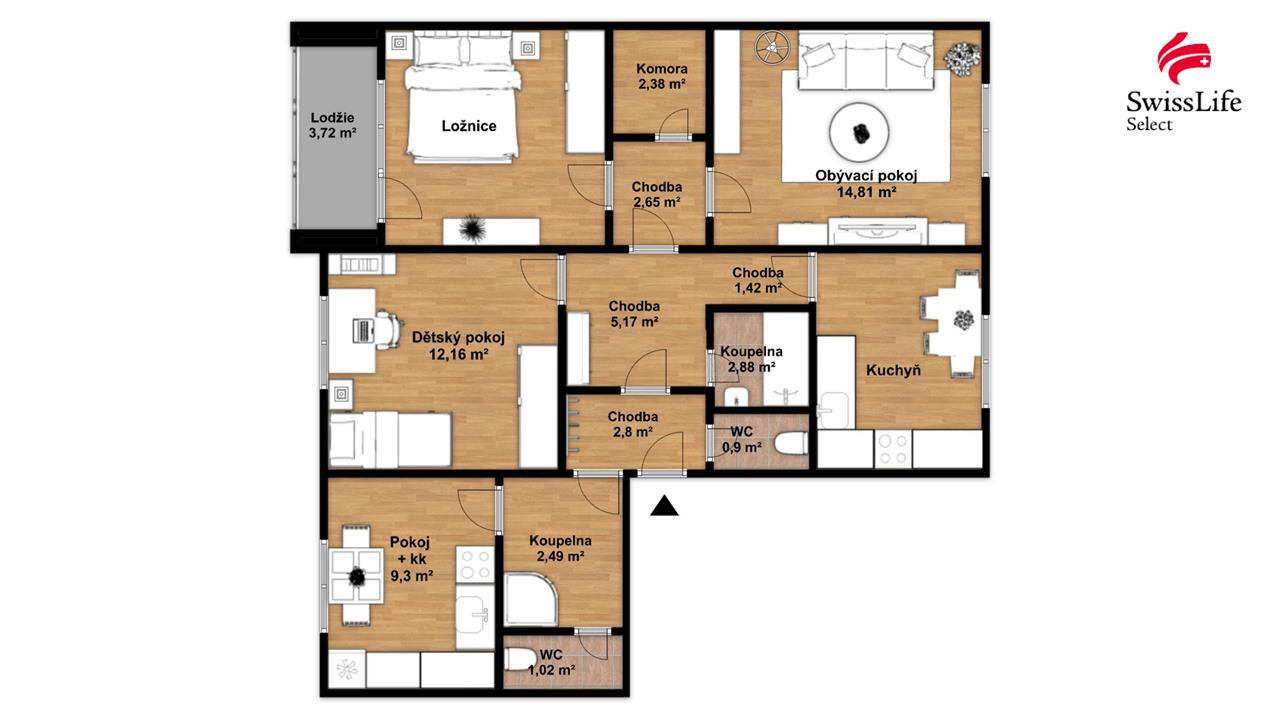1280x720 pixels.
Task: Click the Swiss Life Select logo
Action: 1183,82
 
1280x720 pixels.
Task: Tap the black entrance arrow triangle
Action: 664,506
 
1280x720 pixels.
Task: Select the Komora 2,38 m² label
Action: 662,77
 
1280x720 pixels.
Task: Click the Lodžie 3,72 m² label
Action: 333,126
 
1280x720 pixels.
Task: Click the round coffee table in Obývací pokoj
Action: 859,132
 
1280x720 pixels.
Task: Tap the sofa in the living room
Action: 866,61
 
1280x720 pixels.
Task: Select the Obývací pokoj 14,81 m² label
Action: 866,184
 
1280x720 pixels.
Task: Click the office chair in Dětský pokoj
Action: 389,330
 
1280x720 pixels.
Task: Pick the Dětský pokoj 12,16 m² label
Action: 458,346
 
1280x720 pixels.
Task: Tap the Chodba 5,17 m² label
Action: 634,314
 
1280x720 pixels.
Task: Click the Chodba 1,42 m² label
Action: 758,280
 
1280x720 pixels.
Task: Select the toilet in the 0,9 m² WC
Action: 790,443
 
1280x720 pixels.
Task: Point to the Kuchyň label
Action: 893,370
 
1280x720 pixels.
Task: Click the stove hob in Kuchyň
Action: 893,449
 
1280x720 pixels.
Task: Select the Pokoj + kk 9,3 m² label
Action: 410,558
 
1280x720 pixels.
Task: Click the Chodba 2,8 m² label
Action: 633,424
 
